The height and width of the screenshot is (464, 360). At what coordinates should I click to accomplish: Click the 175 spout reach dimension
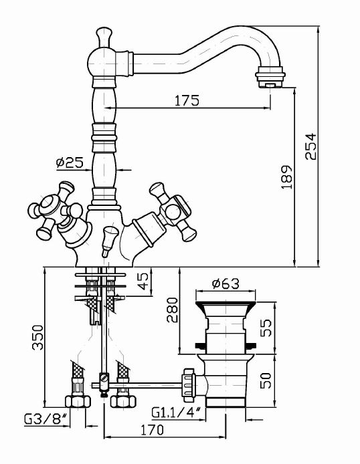[x=187, y=101]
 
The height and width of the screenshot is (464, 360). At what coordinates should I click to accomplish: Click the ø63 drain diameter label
[x=226, y=283]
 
